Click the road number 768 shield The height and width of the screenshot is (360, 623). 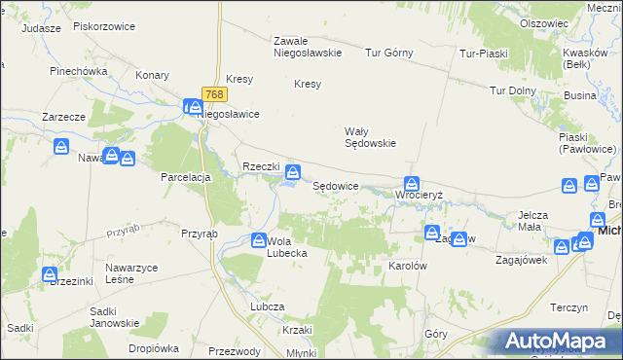(x=215, y=94)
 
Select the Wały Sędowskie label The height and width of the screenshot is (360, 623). (x=370, y=136)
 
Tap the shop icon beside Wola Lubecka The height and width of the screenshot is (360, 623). (x=259, y=240)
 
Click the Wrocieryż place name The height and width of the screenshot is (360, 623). (x=420, y=195)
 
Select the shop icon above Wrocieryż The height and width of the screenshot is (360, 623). (x=412, y=182)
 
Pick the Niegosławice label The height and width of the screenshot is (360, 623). (x=229, y=114)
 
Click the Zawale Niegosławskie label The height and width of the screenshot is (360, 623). (x=307, y=47)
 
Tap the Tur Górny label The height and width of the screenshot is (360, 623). (x=389, y=53)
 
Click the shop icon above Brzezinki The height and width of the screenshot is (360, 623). (x=50, y=274)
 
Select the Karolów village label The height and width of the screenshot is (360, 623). (x=409, y=265)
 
